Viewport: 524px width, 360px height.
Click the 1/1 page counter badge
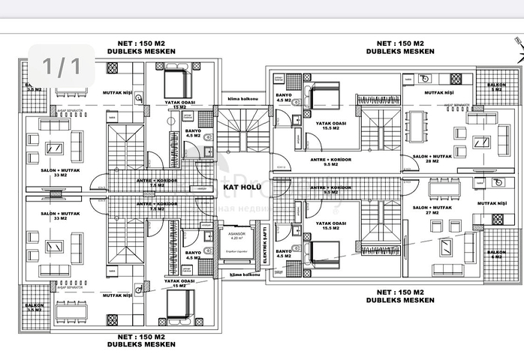61,66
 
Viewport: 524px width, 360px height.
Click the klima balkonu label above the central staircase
242,99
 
